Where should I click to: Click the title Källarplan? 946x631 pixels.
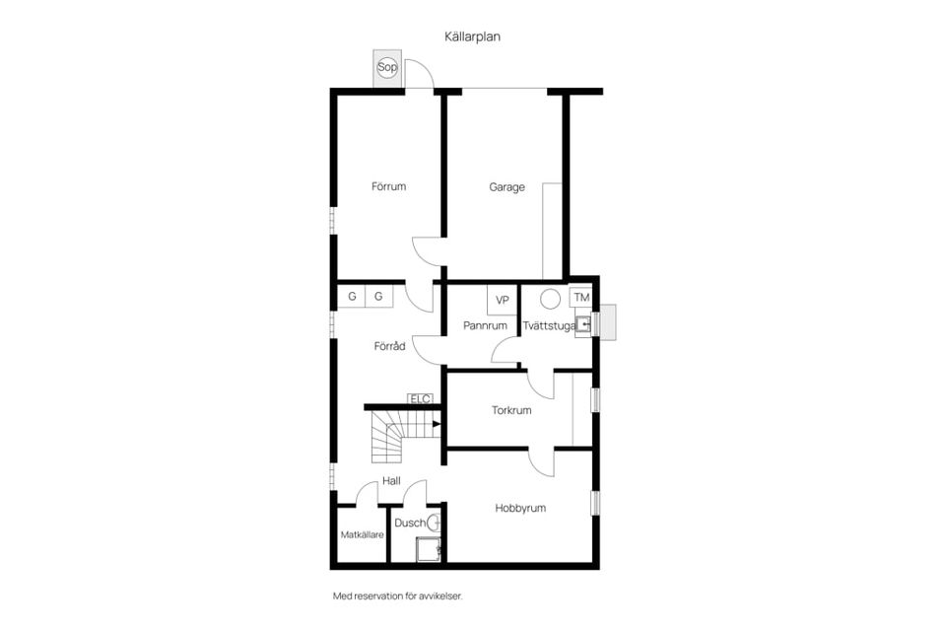pyautogui.click(x=472, y=36)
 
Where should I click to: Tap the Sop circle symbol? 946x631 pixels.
pyautogui.click(x=387, y=67)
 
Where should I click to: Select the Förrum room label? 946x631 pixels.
pyautogui.click(x=388, y=186)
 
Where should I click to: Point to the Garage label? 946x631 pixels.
pyautogui.click(x=507, y=187)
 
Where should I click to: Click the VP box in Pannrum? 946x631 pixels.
pyautogui.click(x=502, y=300)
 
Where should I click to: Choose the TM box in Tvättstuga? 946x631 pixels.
pyautogui.click(x=581, y=297)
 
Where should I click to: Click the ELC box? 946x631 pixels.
pyautogui.click(x=420, y=398)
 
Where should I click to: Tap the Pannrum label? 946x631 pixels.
pyautogui.click(x=485, y=325)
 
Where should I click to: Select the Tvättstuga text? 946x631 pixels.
pyautogui.click(x=549, y=326)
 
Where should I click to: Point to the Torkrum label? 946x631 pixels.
pyautogui.click(x=511, y=410)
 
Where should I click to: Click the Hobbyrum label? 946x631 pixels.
pyautogui.click(x=520, y=509)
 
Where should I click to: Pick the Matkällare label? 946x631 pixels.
pyautogui.click(x=362, y=535)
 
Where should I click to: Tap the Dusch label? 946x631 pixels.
pyautogui.click(x=410, y=523)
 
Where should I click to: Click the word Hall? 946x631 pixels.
pyautogui.click(x=391, y=481)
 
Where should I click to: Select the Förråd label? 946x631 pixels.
pyautogui.click(x=390, y=346)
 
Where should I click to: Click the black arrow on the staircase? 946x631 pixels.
pyautogui.click(x=437, y=424)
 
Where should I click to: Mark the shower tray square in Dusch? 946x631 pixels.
pyautogui.click(x=429, y=549)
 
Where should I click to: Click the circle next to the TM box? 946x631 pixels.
pyautogui.click(x=550, y=299)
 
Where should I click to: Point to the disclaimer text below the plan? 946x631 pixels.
pyautogui.click(x=397, y=596)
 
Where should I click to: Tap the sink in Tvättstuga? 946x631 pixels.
pyautogui.click(x=582, y=324)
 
